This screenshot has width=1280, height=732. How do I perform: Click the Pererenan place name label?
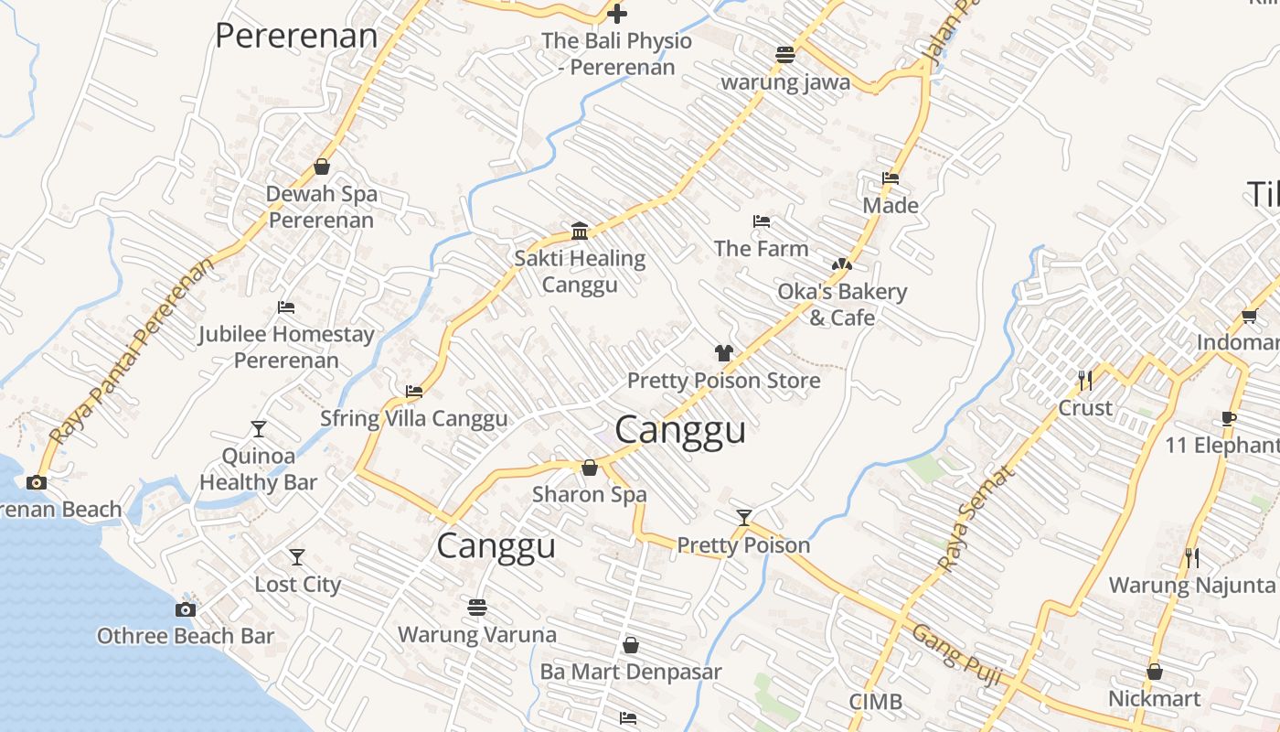pos(295,36)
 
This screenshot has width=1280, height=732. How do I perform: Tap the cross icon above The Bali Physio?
pos(618,14)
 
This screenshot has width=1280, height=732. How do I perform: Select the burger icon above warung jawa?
pos(784,55)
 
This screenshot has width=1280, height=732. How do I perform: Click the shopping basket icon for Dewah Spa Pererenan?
pos(321,167)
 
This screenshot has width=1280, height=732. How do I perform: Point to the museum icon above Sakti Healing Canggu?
pos(579,230)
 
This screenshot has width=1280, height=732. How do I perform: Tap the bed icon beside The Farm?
pos(761,221)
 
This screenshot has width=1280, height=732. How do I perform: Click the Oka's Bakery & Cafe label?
pos(842,305)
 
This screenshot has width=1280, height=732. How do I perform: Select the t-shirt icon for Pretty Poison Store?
pos(723,353)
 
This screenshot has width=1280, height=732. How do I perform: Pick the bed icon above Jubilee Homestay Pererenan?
pos(286,307)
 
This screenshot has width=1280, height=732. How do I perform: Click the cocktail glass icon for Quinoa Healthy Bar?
pos(259,428)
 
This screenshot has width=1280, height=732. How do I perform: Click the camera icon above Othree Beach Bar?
pos(186,609)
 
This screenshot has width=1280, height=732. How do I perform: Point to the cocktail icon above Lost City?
pos(297,556)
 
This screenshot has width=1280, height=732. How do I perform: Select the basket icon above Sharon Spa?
pos(590,468)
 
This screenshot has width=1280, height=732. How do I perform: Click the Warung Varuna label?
pos(476,634)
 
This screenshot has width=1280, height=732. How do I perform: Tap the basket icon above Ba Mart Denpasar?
pos(630,645)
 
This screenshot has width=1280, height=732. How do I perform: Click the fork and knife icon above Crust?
pos(1085,380)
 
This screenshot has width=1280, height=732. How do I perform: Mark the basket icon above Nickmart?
pos(1154,673)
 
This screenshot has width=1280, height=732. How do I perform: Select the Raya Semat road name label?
pos(977,519)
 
